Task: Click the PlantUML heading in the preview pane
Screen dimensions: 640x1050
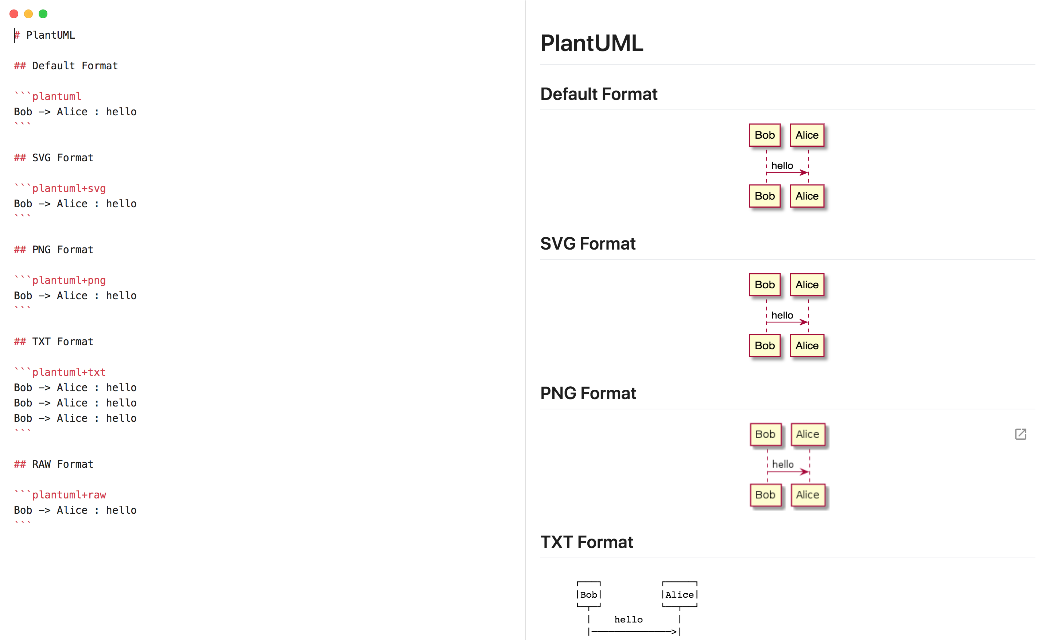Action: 591,43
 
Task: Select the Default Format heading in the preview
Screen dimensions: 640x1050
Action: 599,94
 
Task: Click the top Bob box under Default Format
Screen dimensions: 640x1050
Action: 765,135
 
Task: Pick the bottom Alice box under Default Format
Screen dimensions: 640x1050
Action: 807,196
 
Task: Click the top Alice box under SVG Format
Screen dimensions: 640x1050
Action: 807,285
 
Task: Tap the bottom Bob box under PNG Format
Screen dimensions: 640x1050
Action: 765,495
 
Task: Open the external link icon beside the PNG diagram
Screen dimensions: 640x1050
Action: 1020,434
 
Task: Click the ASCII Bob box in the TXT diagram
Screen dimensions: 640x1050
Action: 588,594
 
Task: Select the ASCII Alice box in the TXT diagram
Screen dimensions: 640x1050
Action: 679,594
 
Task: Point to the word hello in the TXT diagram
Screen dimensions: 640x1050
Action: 628,620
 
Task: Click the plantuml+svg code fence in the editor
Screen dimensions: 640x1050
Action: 69,189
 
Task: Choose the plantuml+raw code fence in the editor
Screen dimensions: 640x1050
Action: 69,495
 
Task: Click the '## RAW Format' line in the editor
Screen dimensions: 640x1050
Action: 54,464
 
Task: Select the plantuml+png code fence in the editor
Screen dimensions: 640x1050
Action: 69,281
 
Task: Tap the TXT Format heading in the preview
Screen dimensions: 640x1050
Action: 586,542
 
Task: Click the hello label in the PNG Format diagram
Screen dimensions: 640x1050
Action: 782,464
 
